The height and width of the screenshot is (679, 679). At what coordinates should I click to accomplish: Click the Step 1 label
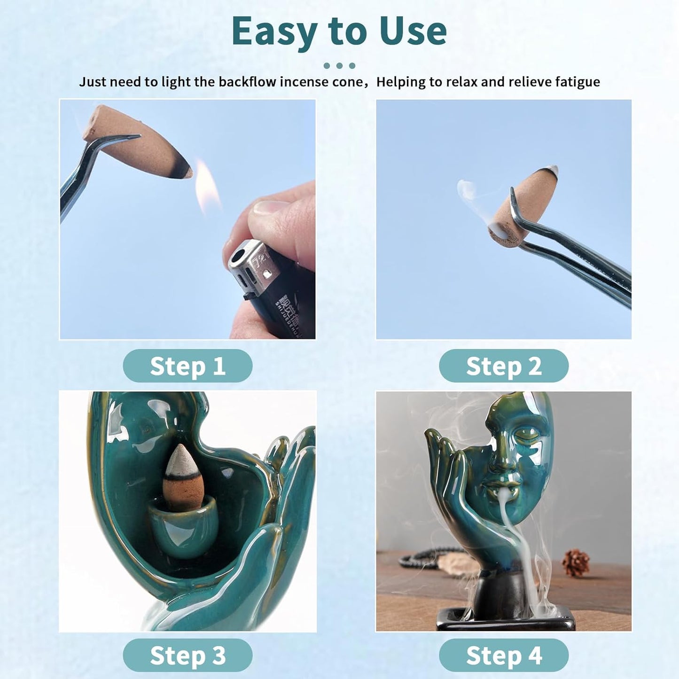[187, 366]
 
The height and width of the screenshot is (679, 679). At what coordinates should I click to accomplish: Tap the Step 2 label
[504, 366]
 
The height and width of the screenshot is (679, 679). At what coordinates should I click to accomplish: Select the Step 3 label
[187, 656]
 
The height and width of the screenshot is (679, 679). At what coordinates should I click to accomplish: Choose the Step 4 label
[504, 656]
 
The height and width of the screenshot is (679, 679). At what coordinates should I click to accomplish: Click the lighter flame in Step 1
[207, 188]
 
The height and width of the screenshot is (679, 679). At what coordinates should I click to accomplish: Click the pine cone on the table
[576, 562]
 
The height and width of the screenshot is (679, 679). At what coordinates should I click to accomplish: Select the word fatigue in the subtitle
[577, 82]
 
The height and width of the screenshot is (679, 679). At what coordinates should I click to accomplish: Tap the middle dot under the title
[339, 66]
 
